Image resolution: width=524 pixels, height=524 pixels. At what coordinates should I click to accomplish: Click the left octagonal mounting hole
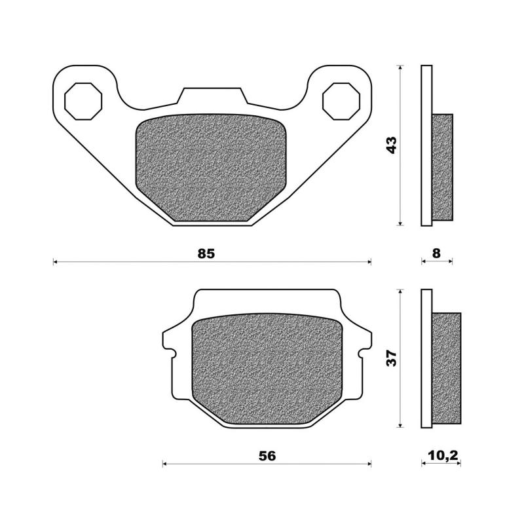click(84, 101)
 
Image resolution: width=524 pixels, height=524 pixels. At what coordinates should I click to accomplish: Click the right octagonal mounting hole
click(340, 101)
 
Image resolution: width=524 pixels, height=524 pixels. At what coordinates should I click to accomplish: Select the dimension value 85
click(206, 253)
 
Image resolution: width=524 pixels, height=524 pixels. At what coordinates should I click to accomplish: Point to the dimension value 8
click(437, 253)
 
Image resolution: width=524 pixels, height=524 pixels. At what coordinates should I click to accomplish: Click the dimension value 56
click(266, 455)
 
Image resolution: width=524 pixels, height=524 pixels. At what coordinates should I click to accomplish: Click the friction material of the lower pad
click(266, 370)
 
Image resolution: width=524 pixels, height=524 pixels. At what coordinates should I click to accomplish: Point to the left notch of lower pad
click(173, 354)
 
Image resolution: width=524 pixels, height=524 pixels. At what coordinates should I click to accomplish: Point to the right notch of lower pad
click(360, 354)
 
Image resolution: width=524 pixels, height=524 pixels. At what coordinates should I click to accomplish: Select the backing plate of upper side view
click(426, 145)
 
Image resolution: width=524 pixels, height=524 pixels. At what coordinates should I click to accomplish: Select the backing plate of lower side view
click(426, 359)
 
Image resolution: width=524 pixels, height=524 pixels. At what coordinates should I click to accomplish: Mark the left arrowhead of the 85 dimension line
click(55, 262)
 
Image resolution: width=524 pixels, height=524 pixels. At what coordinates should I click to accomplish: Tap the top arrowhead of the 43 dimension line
click(400, 68)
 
